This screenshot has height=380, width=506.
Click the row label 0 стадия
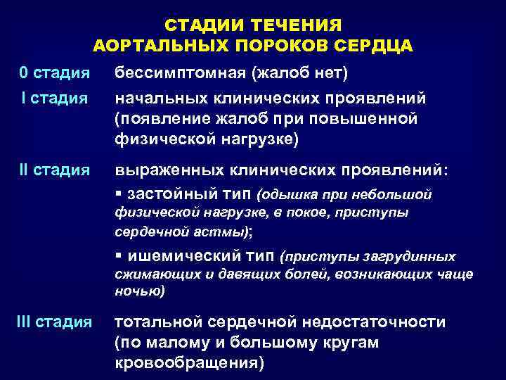54,72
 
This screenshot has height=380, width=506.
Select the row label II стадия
54,170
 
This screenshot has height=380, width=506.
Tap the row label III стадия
54,322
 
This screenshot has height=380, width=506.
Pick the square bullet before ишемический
117,257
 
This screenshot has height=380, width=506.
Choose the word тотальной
158,322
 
